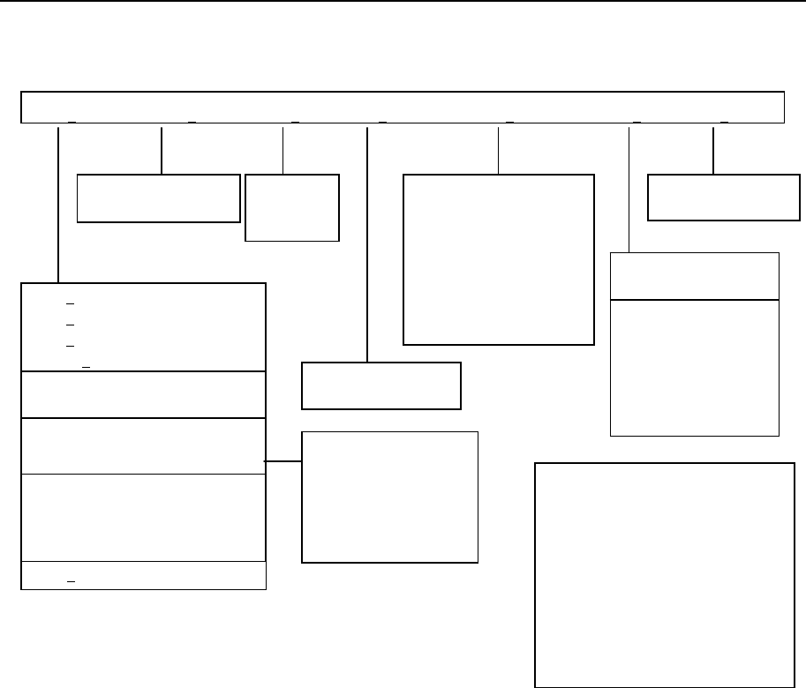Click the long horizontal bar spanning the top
403,106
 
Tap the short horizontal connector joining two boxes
283,461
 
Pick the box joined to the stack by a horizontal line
389,497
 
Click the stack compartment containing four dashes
143,327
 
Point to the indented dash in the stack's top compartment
87,363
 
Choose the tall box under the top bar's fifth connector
498,258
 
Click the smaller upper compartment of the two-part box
695,276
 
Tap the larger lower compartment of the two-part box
695,367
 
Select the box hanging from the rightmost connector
718,198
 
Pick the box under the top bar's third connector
291,207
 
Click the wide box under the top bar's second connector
159,198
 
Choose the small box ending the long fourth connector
381,385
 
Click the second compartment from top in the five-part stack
143,394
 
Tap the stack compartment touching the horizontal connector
143,445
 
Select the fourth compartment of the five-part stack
143,517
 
